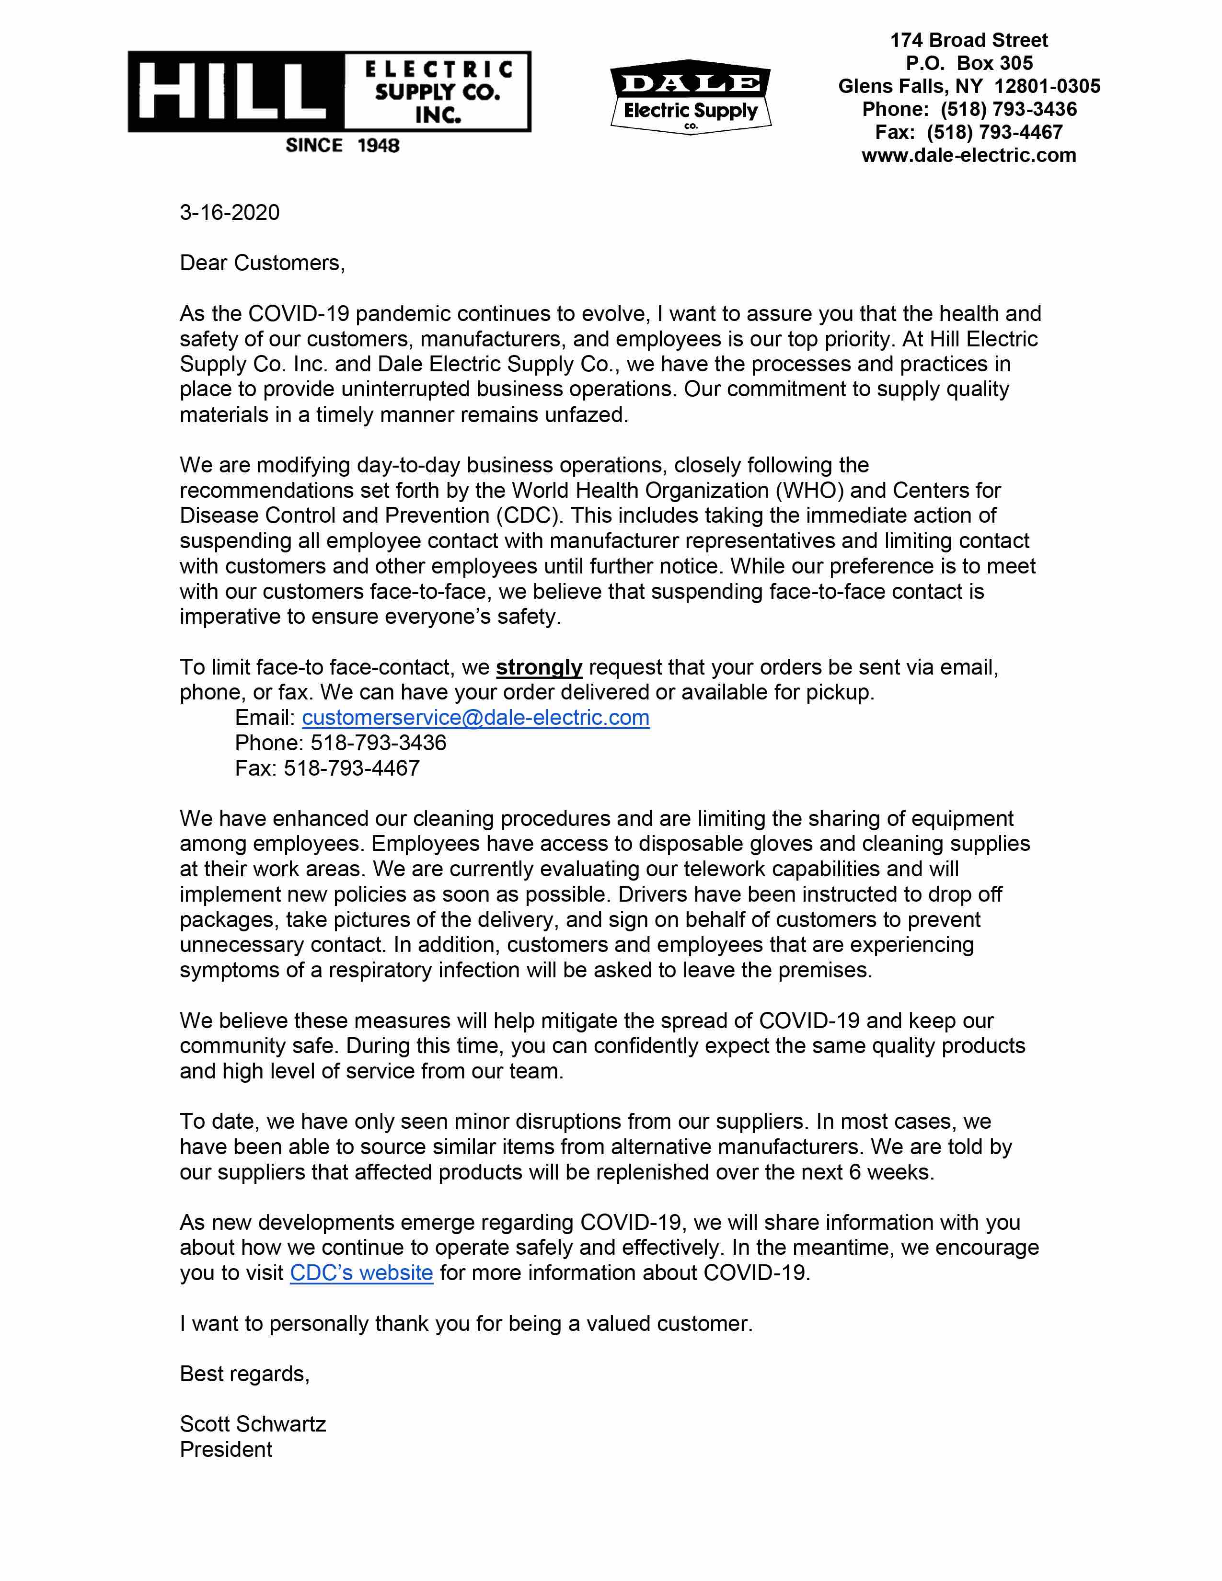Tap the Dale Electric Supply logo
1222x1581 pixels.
(691, 97)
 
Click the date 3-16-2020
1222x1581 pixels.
(230, 212)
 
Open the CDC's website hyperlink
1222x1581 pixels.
(361, 1272)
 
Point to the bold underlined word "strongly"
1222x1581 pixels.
(539, 667)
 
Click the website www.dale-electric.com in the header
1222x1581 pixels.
(968, 156)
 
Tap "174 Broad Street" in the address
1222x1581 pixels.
(968, 41)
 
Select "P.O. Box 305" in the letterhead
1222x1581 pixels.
(968, 64)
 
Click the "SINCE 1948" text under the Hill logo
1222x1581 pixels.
(343, 146)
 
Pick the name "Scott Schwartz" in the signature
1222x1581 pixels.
(253, 1424)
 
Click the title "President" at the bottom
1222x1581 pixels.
(226, 1449)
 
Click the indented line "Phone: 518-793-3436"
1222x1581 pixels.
(340, 743)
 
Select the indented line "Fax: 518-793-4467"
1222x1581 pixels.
(327, 768)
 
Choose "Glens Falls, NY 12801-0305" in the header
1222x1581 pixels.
(968, 87)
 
